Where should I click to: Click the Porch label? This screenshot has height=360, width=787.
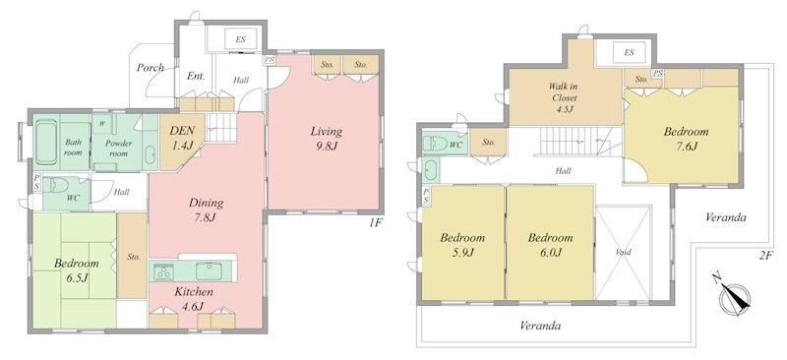click(151, 67)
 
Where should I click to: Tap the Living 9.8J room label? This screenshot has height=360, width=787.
click(326, 139)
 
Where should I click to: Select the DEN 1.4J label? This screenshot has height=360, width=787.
click(182, 138)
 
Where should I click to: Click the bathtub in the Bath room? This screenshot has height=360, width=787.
click(46, 143)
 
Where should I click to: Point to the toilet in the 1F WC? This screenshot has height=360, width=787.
click(57, 186)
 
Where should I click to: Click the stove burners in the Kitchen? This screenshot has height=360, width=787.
click(162, 272)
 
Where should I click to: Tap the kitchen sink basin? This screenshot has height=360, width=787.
click(208, 271)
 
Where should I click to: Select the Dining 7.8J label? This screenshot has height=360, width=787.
click(206, 210)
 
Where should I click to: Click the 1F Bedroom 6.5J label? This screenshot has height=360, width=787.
click(77, 270)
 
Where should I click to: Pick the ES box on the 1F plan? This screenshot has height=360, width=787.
click(240, 38)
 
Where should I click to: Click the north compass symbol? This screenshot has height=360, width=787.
click(733, 297)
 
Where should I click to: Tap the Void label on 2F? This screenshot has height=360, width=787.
click(624, 252)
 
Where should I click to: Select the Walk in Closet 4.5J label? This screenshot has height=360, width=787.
click(562, 98)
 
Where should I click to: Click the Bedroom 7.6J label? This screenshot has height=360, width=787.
click(686, 139)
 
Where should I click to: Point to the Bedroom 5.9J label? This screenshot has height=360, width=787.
click(462, 245)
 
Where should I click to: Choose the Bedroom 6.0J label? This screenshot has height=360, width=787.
click(550, 245)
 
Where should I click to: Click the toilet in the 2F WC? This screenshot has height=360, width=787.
click(435, 145)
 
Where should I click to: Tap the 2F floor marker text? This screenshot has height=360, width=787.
click(764, 256)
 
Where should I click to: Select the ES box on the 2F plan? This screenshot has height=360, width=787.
click(630, 53)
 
